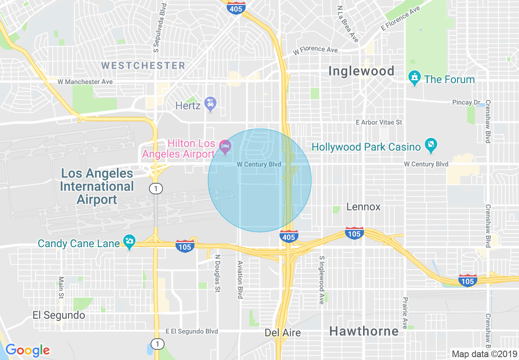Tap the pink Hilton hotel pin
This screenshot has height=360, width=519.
coord(225,146)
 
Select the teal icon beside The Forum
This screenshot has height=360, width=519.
coord(415,78)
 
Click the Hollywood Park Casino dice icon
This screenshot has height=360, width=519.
coord(431,145)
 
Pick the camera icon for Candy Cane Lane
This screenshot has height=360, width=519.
coord(129,241)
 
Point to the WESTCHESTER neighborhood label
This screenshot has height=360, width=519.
coord(143,65)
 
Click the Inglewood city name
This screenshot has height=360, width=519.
coord(361,71)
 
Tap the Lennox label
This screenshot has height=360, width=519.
coord(363,207)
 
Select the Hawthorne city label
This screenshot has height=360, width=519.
coord(364,331)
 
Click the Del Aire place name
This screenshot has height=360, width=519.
coord(283,333)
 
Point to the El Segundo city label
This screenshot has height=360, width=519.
coord(59,315)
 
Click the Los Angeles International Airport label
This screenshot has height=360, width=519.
coord(97,186)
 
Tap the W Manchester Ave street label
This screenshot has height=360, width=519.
coord(85,82)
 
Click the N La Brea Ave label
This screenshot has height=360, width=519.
coord(348,24)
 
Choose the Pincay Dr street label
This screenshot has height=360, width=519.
coord(466,102)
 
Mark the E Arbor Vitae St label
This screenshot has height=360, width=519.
coord(379,122)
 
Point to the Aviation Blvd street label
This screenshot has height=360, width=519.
coord(240,280)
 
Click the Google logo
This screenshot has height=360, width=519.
coord(27,350)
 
